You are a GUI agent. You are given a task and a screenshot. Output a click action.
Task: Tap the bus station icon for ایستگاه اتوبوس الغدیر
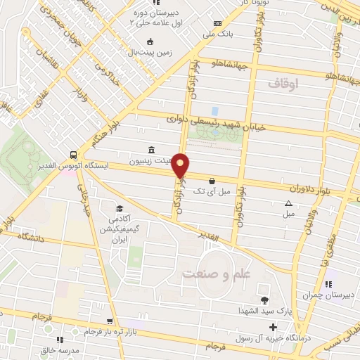click(x=72, y=155)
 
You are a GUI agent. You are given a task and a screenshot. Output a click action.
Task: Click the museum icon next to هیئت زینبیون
click(x=153, y=150)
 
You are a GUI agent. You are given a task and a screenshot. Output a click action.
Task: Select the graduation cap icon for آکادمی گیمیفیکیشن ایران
click(x=119, y=209)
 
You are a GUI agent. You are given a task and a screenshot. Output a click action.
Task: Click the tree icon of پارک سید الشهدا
click(x=264, y=301)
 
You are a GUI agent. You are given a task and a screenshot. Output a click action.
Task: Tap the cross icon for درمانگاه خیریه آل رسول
click(x=273, y=326)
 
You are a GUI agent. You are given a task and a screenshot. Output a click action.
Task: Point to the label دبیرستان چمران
click(x=326, y=296)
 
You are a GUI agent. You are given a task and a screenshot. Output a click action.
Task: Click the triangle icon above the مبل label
click(x=288, y=204)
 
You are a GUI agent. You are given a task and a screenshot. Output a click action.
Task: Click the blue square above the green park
click(x=214, y=110)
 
